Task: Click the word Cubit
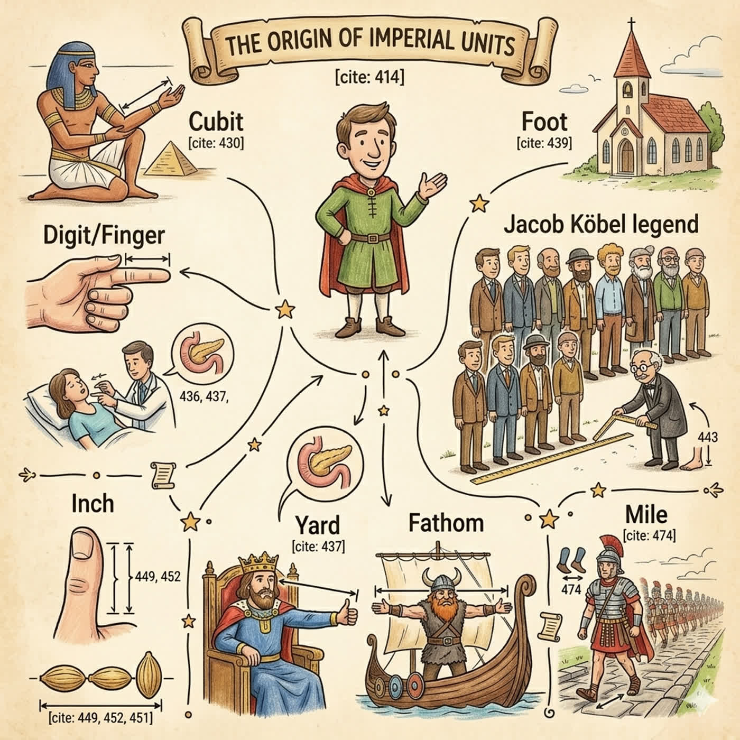coord(216,122)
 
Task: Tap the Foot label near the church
coord(544,122)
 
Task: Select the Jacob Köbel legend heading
coord(601,224)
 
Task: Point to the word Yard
coord(318,525)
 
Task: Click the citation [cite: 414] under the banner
coord(369,78)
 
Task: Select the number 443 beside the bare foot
coord(707,437)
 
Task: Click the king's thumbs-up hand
coord(347,615)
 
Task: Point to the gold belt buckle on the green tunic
coord(372,238)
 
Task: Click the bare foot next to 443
coord(692,459)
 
